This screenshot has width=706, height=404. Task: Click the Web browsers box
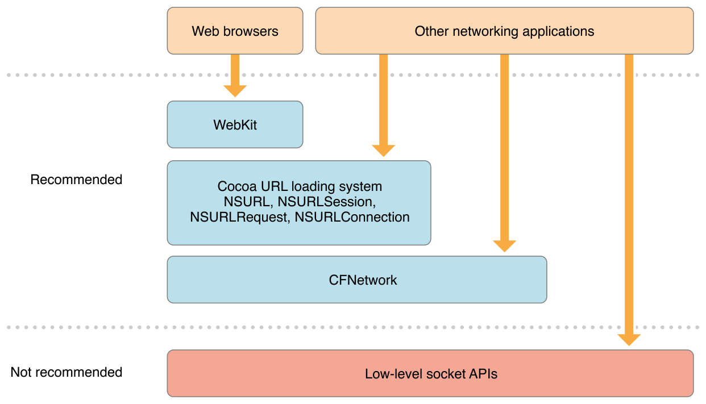point(235,31)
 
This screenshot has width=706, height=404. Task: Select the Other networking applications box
point(504,31)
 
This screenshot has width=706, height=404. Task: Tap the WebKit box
point(235,124)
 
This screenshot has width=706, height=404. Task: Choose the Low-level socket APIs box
point(430,374)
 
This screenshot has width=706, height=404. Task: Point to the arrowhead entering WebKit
point(235,90)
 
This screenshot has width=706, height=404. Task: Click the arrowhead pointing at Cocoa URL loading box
point(383,150)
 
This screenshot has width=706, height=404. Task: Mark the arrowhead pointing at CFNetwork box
point(504,245)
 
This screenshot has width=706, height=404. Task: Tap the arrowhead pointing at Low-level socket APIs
point(629,339)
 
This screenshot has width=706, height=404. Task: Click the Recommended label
point(76,180)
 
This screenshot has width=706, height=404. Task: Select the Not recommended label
point(66,372)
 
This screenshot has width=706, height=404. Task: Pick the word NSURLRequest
point(239,216)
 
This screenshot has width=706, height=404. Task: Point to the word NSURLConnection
point(352,216)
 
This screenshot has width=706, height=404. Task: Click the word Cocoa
point(235,186)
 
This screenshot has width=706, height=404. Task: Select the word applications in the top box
point(558,31)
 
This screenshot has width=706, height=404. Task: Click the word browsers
point(251,31)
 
